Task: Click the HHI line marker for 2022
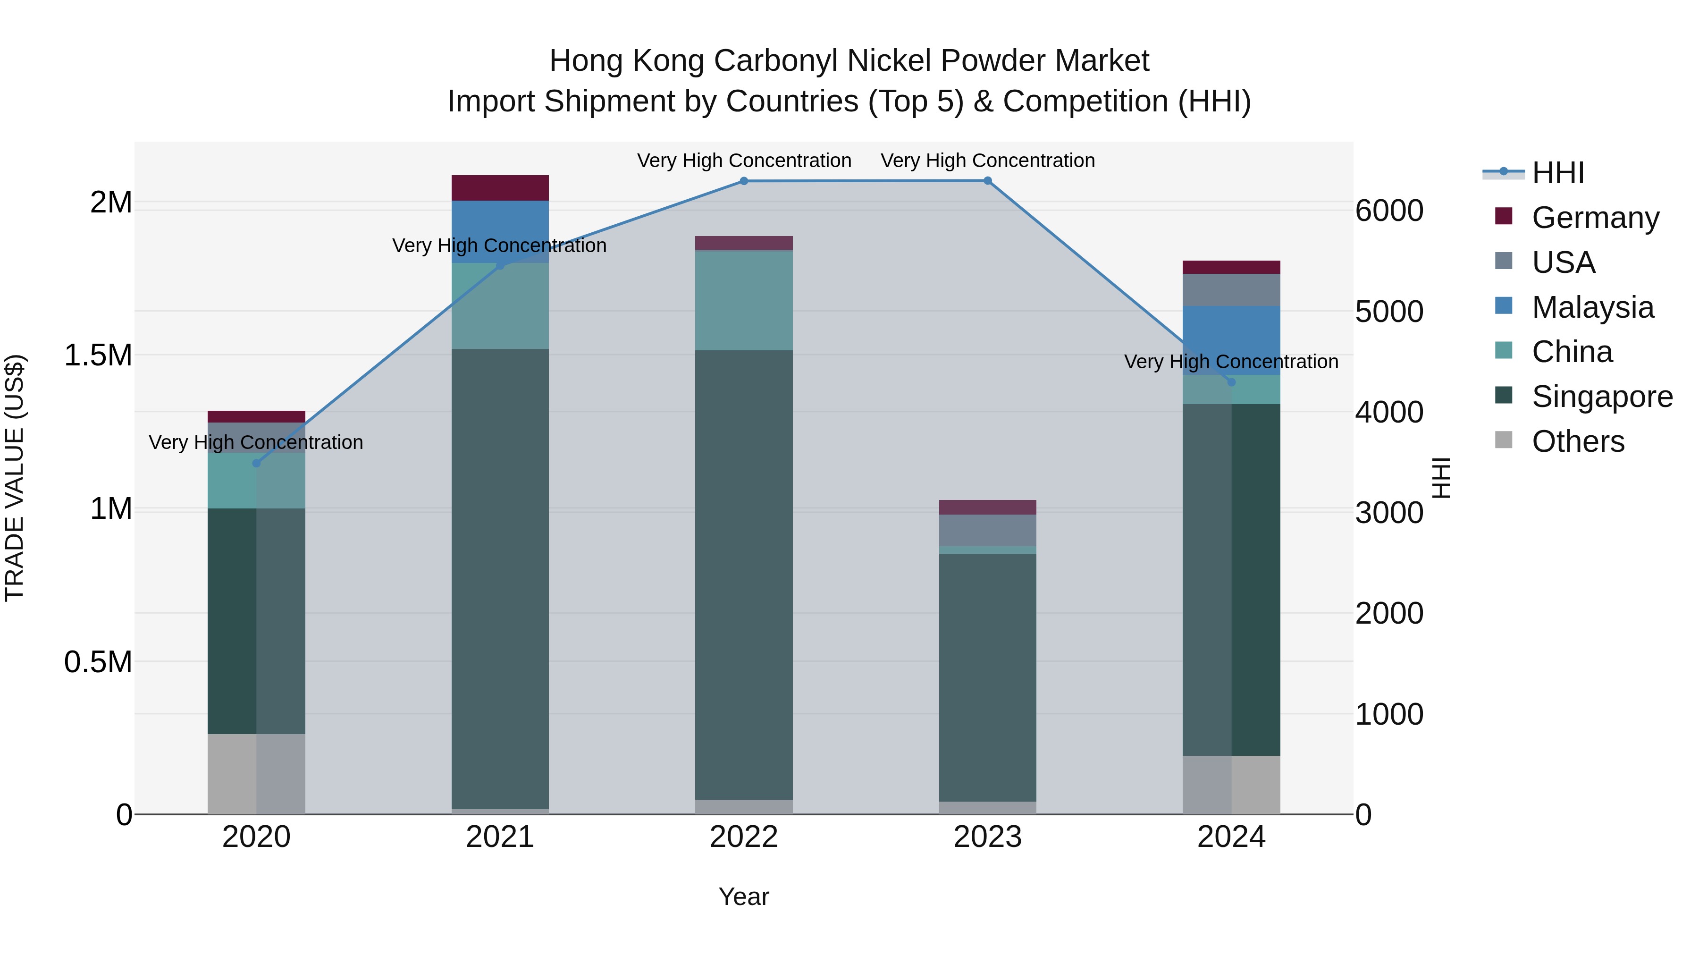click(x=744, y=181)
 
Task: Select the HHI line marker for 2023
click(x=987, y=181)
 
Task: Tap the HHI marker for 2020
click(x=257, y=463)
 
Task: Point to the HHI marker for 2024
click(x=1231, y=382)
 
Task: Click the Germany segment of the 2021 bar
click(x=500, y=188)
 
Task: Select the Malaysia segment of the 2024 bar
click(x=1231, y=340)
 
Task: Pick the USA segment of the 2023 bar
click(x=987, y=531)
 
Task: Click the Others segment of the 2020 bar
click(x=257, y=774)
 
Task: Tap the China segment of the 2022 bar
click(x=744, y=300)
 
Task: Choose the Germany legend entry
click(x=1595, y=218)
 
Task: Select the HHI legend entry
click(x=1558, y=173)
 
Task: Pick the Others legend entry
click(x=1578, y=441)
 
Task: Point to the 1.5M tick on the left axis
click(x=98, y=355)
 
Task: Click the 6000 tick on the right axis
click(x=1389, y=211)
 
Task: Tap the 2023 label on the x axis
click(x=987, y=837)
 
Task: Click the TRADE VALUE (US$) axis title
click(x=15, y=478)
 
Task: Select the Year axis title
click(x=744, y=897)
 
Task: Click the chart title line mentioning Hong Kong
click(x=849, y=61)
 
